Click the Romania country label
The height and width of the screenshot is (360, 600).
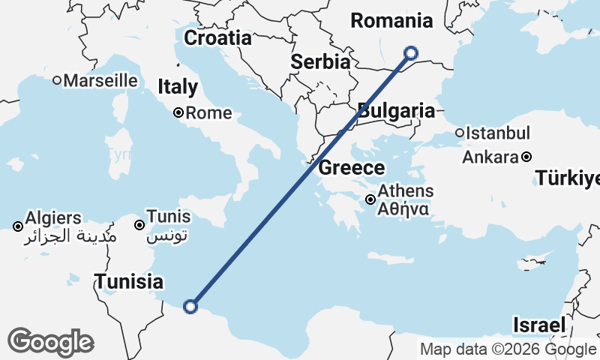[x=391, y=21]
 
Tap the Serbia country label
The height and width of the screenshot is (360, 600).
[x=321, y=61]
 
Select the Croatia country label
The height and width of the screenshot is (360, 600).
[x=217, y=38]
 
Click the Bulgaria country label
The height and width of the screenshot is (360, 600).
[x=396, y=112]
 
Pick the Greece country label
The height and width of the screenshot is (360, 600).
[x=352, y=167]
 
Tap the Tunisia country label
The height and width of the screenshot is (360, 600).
[x=128, y=282]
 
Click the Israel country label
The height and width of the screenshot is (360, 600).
[x=538, y=325]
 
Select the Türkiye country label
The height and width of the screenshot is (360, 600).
[x=568, y=178]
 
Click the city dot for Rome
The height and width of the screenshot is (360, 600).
[x=179, y=113]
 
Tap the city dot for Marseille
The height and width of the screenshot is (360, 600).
[x=56, y=80]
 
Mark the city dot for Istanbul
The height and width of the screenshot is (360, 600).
[x=460, y=133]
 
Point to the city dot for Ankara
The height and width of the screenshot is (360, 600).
[x=526, y=157]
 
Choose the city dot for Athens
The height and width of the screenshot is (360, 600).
[x=370, y=199]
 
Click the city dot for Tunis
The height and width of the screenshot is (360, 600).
[x=139, y=225]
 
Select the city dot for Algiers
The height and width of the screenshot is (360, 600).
[x=18, y=226]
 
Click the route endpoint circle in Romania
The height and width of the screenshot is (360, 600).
[x=410, y=52]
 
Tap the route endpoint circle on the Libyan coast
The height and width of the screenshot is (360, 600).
[x=190, y=306]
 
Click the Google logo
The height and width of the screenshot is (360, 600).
[x=50, y=342]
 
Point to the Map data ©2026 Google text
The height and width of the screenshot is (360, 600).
[x=508, y=349]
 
